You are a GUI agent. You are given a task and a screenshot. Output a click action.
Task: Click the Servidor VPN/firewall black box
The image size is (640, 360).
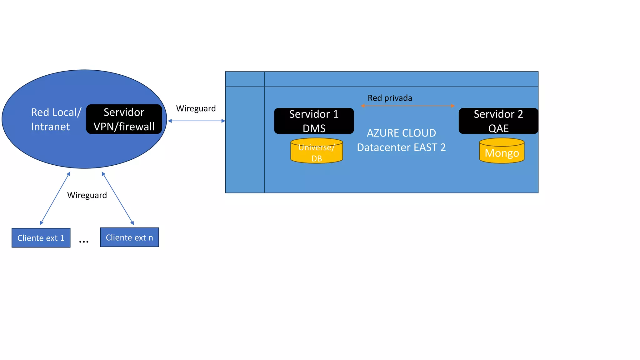tap(124, 119)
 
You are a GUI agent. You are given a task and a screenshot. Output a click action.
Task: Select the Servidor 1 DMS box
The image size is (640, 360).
tap(314, 121)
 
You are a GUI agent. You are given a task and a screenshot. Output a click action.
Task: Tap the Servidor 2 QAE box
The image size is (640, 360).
tap(498, 121)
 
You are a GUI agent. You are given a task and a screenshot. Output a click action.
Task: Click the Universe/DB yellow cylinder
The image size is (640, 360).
tap(317, 151)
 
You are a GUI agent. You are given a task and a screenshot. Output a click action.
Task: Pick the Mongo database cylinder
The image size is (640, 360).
tap(502, 151)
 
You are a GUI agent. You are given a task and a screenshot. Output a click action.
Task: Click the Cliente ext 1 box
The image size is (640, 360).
tap(41, 238)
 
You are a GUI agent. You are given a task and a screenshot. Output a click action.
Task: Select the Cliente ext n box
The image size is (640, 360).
tap(129, 237)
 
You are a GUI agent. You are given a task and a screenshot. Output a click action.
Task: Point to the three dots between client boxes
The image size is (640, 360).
tap(84, 242)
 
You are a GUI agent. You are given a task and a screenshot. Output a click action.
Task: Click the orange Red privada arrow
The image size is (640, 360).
tap(408, 106)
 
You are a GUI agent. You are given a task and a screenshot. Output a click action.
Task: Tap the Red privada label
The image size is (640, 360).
tap(390, 98)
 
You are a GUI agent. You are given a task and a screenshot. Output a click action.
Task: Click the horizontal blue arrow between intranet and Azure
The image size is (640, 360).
tap(197, 121)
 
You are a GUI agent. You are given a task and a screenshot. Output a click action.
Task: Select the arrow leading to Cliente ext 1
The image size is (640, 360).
tap(55, 198)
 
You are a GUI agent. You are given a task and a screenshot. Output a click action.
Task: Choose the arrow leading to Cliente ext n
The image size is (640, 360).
tap(118, 198)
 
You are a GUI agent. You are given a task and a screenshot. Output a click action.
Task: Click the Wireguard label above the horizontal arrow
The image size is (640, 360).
tap(196, 108)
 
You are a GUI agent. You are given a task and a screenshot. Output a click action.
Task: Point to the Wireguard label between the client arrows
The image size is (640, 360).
tap(87, 195)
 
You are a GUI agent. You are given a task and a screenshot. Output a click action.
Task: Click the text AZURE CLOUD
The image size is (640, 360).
tap(401, 133)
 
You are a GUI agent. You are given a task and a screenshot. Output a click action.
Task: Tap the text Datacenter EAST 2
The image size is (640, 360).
tap(401, 147)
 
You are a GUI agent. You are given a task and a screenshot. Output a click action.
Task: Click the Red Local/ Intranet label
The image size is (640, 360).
tap(56, 119)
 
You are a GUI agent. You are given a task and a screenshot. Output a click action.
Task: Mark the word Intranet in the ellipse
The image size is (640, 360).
tap(50, 127)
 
